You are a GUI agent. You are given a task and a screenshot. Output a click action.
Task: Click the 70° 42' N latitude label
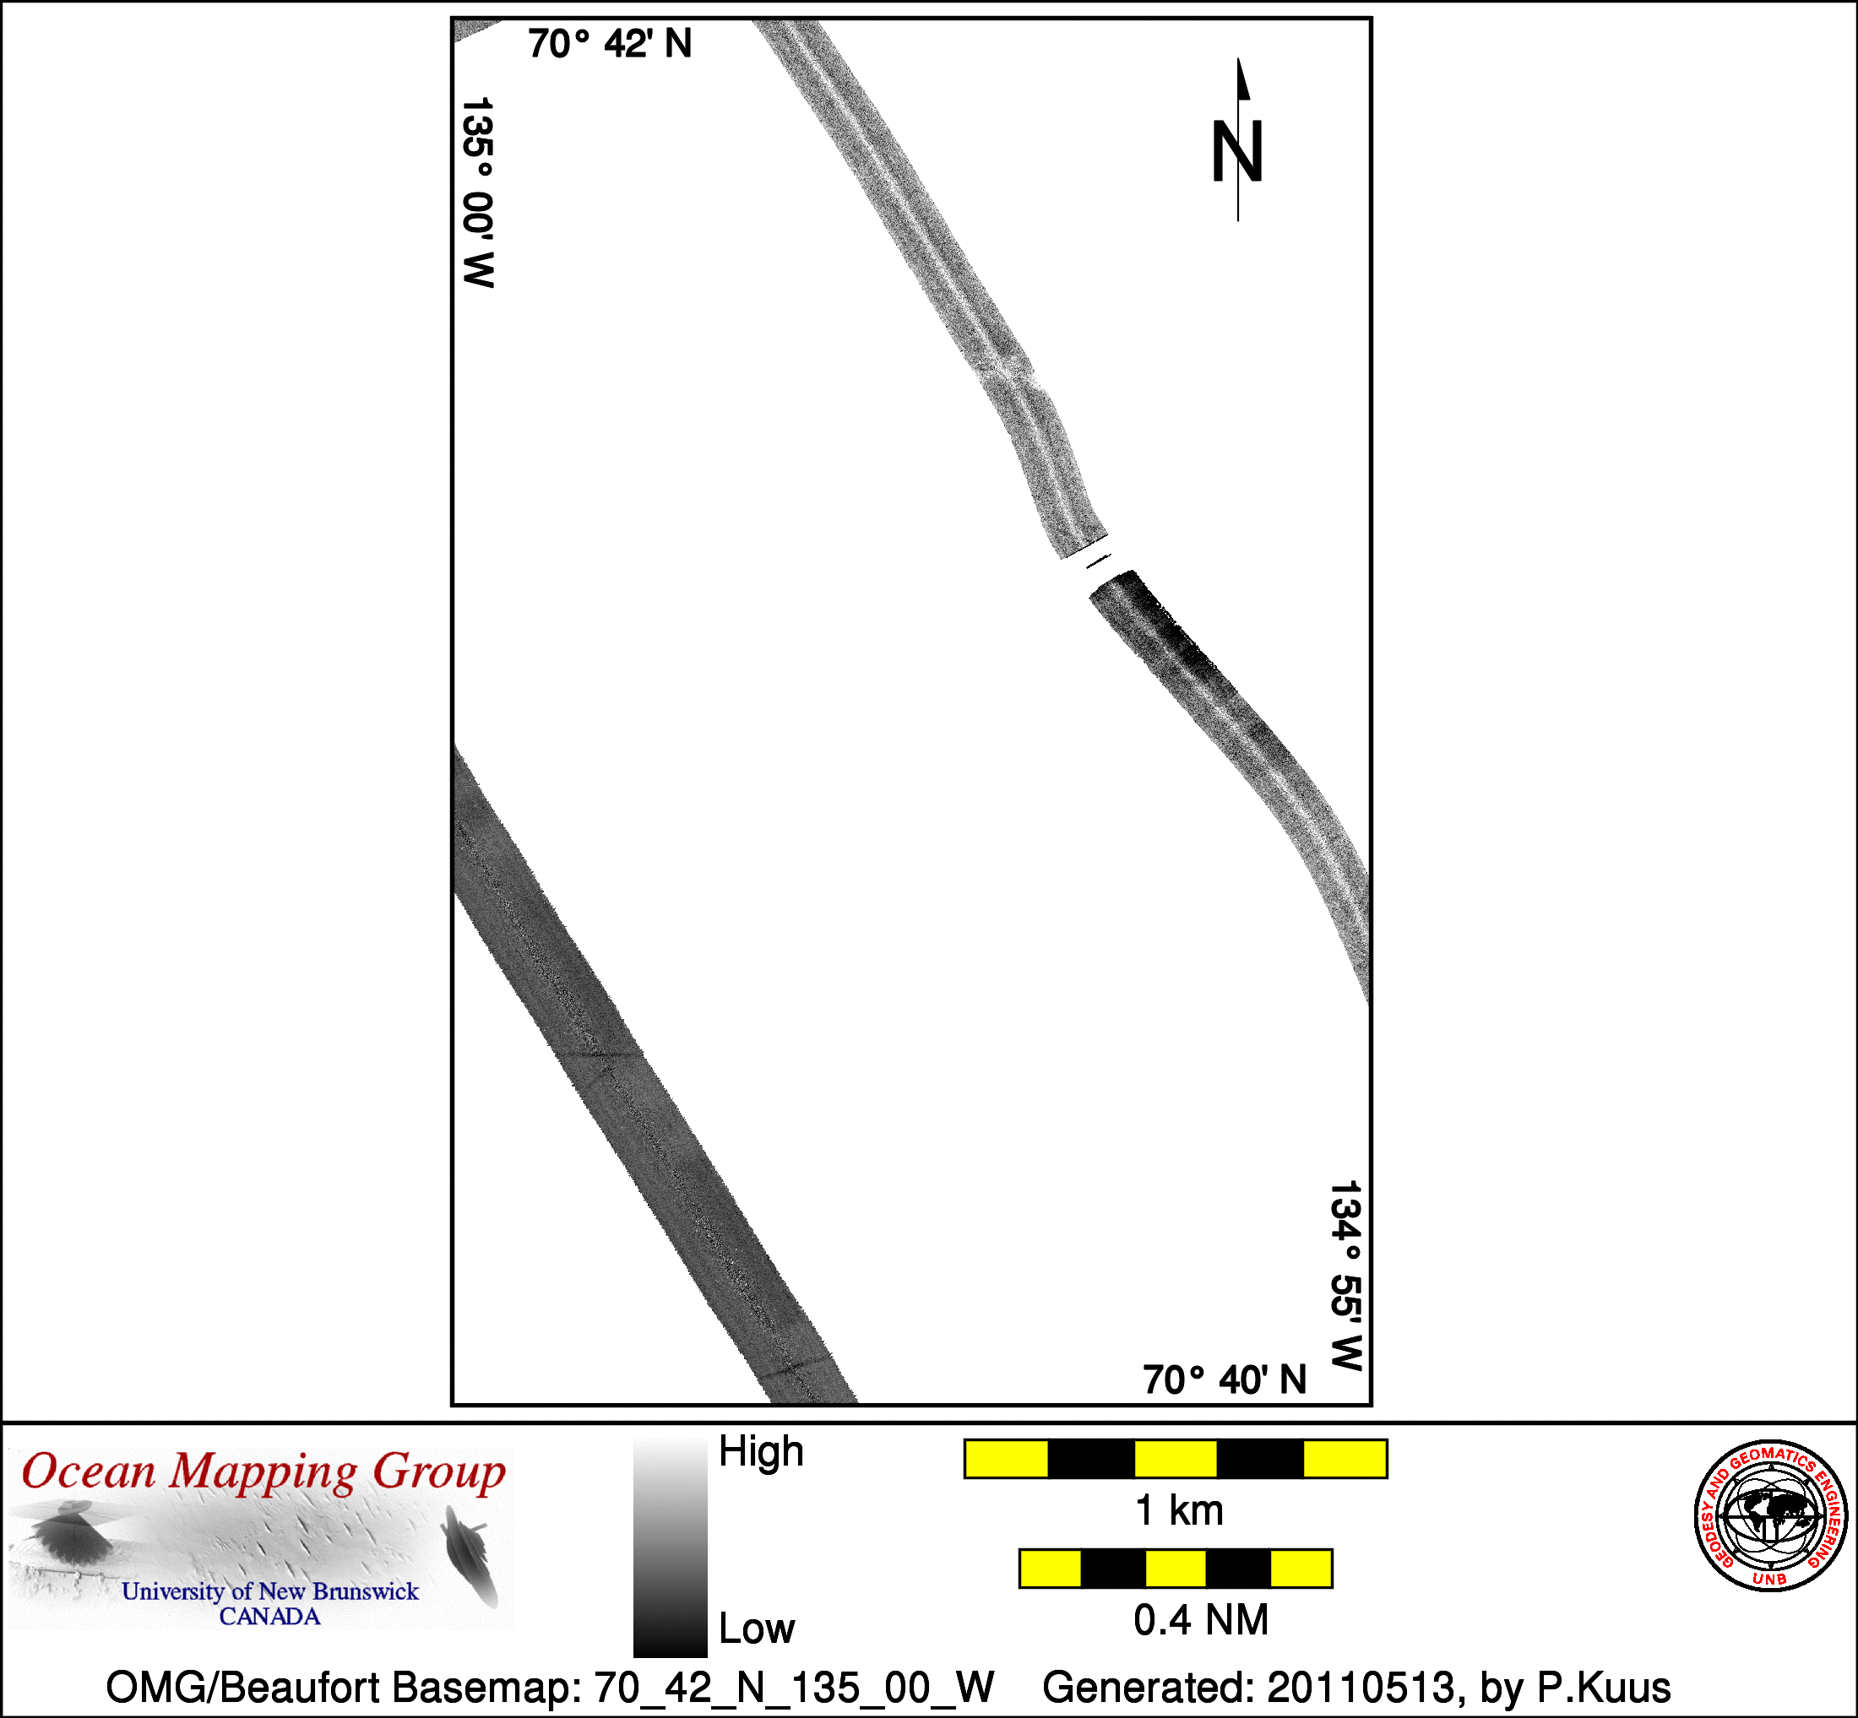tap(610, 44)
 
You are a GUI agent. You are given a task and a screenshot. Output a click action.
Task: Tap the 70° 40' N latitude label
tap(1225, 1379)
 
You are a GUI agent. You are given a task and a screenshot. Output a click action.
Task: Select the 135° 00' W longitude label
tap(477, 192)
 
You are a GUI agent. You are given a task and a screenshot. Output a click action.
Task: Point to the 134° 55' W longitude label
tap(1345, 1276)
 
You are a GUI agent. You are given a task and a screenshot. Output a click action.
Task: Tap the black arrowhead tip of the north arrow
tap(1238, 59)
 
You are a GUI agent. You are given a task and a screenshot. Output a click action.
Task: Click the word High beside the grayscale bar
tap(761, 1452)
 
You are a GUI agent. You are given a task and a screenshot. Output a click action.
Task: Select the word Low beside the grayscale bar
tap(757, 1628)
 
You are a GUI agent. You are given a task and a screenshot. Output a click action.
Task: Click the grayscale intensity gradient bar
tap(670, 1547)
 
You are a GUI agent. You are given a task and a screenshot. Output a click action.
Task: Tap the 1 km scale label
tap(1179, 1510)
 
